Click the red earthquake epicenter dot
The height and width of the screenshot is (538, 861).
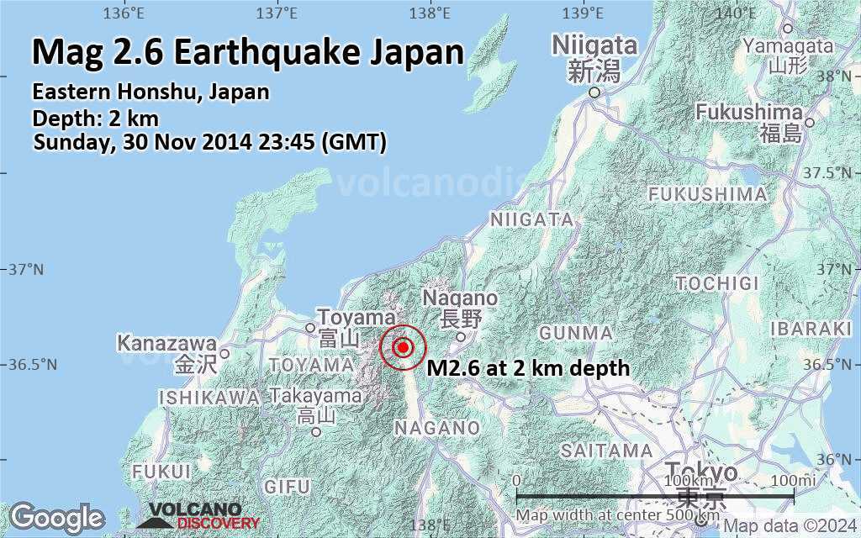[x=404, y=347]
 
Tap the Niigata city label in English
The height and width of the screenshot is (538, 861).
[x=594, y=45]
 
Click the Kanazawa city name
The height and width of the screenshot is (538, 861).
[x=166, y=344]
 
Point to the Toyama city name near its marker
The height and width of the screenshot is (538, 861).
[x=357, y=318]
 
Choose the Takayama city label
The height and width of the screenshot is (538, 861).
[x=316, y=396]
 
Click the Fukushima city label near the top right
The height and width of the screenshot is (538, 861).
[x=749, y=112]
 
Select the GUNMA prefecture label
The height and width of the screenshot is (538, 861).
[x=576, y=333]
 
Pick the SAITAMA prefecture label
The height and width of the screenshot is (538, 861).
[x=606, y=451]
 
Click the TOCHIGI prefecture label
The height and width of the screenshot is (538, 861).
[x=717, y=283]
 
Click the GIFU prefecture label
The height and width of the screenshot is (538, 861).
[x=287, y=487]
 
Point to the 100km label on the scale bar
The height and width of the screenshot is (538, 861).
[x=684, y=479]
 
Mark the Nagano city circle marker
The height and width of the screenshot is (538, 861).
[x=461, y=337]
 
